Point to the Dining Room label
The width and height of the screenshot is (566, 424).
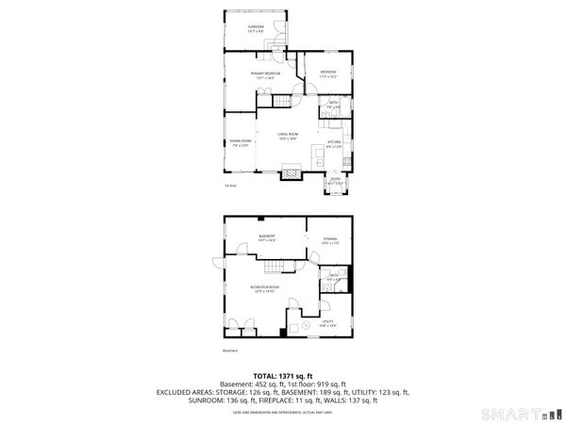[x=240, y=143]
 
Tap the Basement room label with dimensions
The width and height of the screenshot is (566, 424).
[x=266, y=237]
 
